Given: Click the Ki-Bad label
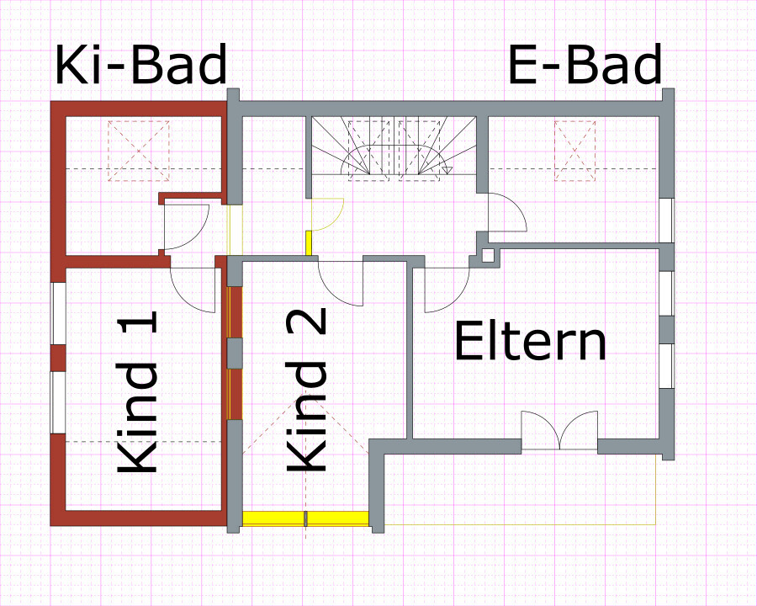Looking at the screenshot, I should point(141,66).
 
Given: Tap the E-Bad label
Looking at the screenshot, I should point(585,66).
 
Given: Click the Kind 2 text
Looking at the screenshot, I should point(307,391).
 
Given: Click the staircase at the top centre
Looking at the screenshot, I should point(395,146).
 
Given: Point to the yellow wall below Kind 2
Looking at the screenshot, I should point(306,518).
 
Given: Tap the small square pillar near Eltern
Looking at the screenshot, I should point(488,254).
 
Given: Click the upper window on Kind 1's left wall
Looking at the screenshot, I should point(58,313).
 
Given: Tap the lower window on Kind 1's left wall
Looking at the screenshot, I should point(58,401).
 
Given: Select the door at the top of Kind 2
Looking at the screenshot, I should point(341,283).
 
